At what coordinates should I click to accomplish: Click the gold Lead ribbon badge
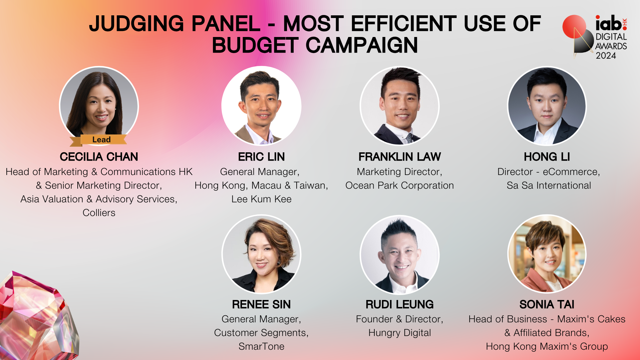[99, 140]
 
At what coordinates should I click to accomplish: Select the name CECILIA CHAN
[99, 157]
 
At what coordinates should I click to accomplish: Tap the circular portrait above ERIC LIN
[261, 106]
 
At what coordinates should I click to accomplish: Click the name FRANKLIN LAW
[400, 157]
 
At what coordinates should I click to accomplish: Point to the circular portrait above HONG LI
[547, 106]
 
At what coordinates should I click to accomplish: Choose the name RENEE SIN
[261, 304]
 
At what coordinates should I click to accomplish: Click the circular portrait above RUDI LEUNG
[400, 255]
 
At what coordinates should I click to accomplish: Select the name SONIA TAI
[547, 304]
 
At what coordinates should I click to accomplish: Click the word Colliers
[99, 213]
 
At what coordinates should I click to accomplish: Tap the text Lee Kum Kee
[261, 199]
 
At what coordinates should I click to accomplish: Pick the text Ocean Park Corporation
[400, 185]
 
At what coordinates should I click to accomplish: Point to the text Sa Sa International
[549, 185]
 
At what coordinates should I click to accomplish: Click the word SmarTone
[261, 346]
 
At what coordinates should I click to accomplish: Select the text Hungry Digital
[400, 333]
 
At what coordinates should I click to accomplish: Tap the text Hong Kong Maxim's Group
[547, 346]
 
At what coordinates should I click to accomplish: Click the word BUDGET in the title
[255, 45]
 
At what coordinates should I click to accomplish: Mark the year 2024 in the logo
[606, 56]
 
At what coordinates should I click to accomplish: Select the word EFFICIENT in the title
[404, 24]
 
